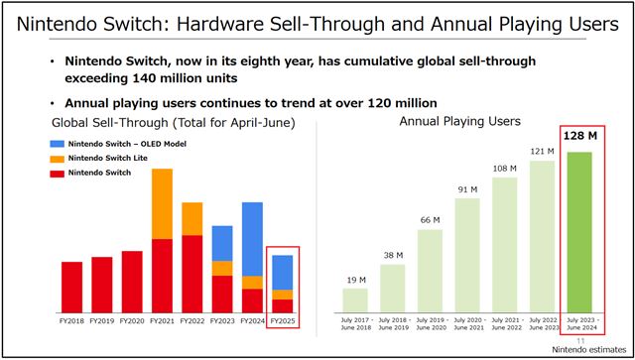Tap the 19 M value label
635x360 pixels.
pos(355,281)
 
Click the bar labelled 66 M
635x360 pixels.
pos(430,269)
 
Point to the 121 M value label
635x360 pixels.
pos(542,152)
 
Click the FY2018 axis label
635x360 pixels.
pos(71,321)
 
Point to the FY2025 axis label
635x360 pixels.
pos(283,321)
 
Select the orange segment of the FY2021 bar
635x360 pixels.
pos(162,204)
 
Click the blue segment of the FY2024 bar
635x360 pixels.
pos(252,239)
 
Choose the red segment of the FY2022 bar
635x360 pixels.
pos(192,274)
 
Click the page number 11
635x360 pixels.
pos(606,340)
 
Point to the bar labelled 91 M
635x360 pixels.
pos(467,254)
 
